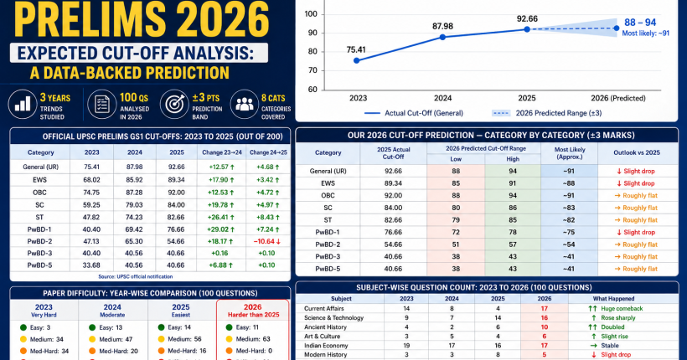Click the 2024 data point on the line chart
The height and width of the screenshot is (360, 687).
442,37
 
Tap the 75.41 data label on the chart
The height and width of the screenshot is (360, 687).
356,49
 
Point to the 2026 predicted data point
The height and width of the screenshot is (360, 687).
617,28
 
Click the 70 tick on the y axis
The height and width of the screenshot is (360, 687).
312,70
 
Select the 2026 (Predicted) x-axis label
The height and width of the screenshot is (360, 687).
617,98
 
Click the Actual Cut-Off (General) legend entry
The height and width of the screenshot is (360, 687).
414,113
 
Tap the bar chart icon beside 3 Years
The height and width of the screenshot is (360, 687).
23,105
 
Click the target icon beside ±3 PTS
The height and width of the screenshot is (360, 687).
174,105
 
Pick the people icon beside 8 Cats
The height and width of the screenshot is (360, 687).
244,105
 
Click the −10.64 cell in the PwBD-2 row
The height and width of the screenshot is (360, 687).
266,241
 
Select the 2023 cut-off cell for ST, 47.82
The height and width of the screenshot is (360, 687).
91,217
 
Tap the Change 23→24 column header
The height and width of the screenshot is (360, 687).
222,152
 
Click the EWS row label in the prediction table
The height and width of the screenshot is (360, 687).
328,183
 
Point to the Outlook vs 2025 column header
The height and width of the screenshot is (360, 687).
637,152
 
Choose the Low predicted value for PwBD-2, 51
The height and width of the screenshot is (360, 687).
456,244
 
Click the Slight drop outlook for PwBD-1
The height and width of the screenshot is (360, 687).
636,232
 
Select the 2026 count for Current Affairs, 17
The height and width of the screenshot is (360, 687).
545,308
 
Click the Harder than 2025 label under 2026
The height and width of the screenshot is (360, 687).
253,315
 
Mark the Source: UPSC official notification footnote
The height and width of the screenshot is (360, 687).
136,276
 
